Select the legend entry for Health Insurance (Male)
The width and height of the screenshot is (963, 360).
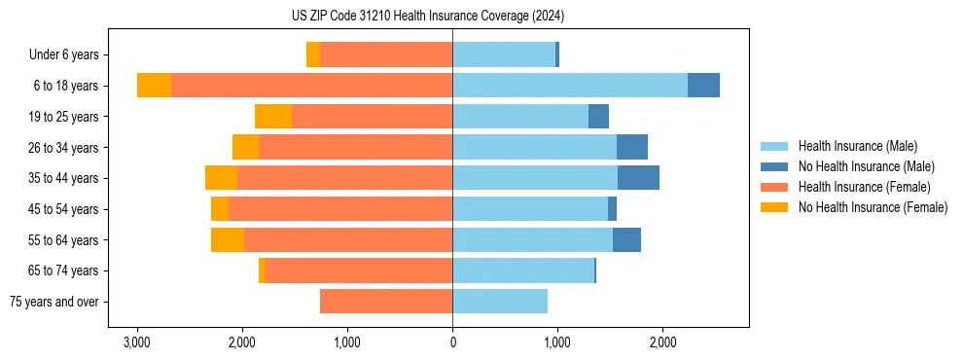click(x=857, y=146)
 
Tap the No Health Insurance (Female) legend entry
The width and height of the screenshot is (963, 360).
click(x=873, y=207)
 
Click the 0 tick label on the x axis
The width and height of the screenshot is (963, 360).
click(x=452, y=343)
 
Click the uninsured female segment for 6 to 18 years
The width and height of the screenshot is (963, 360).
click(x=154, y=86)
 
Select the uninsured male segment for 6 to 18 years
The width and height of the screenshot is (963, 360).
click(x=703, y=86)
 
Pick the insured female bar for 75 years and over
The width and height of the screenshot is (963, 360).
click(x=386, y=302)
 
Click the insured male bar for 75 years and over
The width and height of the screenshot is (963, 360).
click(x=500, y=302)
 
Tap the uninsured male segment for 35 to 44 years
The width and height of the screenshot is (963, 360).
click(x=638, y=178)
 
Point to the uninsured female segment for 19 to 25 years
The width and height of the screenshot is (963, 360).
click(x=273, y=117)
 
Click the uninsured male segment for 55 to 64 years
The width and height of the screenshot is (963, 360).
click(x=626, y=239)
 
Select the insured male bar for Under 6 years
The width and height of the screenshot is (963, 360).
click(x=504, y=55)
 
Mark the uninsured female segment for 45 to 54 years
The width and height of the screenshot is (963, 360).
click(x=220, y=209)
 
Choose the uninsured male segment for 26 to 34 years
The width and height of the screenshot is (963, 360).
click(x=632, y=147)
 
